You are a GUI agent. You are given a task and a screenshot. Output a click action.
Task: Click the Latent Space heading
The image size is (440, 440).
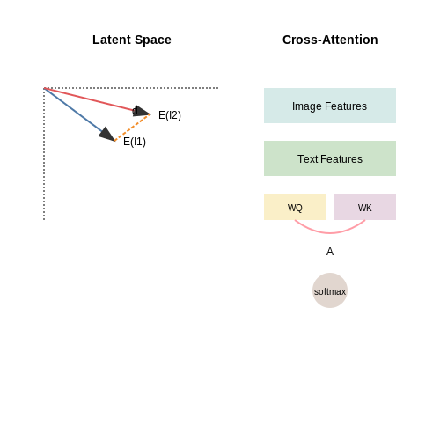click(x=132, y=40)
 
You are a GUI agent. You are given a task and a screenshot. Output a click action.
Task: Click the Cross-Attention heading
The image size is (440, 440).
click(x=330, y=40)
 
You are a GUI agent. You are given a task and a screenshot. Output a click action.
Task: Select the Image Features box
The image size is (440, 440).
click(x=330, y=106)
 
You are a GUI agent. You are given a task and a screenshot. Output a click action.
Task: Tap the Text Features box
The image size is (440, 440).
click(x=330, y=158)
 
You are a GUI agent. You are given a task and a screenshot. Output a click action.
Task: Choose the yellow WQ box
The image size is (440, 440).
click(x=295, y=207)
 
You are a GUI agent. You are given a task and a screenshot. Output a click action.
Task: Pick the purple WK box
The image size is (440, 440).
click(x=365, y=207)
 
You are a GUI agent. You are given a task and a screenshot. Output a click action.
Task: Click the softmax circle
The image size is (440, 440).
click(x=330, y=290)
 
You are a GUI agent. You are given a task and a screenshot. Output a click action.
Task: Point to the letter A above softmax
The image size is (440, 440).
click(x=330, y=252)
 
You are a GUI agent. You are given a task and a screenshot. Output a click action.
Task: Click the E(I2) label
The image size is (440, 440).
click(x=170, y=115)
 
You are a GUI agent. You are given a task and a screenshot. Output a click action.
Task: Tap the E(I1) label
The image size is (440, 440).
click(x=135, y=142)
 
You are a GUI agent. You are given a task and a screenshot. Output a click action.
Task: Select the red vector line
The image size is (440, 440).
click(x=97, y=101)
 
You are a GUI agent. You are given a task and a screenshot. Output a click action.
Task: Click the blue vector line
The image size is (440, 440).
click(x=79, y=114)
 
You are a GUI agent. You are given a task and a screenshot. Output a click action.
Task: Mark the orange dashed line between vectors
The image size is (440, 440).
click(x=132, y=128)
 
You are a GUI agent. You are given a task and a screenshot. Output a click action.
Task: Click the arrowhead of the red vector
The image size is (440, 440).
click(x=141, y=111)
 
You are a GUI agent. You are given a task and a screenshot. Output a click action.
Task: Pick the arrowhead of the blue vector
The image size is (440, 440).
click(x=107, y=135)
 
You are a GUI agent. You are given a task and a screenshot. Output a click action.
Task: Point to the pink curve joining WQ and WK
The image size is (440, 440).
click(x=330, y=233)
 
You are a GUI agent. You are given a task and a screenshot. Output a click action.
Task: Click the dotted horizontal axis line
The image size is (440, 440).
click(x=131, y=88)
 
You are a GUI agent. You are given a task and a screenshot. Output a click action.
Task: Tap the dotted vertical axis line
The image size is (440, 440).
click(x=44, y=154)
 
